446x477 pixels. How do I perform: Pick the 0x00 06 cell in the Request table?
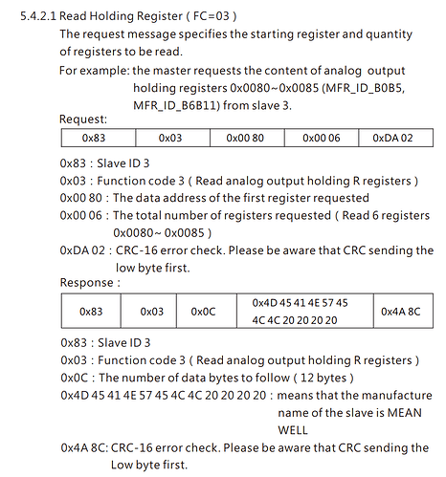(x=322, y=138)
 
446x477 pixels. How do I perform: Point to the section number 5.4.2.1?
(x=38, y=16)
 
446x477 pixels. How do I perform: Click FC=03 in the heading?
(x=212, y=16)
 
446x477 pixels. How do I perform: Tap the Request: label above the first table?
(x=83, y=119)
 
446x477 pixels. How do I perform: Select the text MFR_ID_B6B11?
(x=176, y=105)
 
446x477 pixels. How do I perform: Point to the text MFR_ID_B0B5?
(x=365, y=88)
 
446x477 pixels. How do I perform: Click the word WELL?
(x=293, y=430)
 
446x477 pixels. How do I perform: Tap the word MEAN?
(x=405, y=413)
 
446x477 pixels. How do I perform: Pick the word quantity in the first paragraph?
(x=389, y=34)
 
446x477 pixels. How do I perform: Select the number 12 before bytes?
(x=306, y=378)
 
